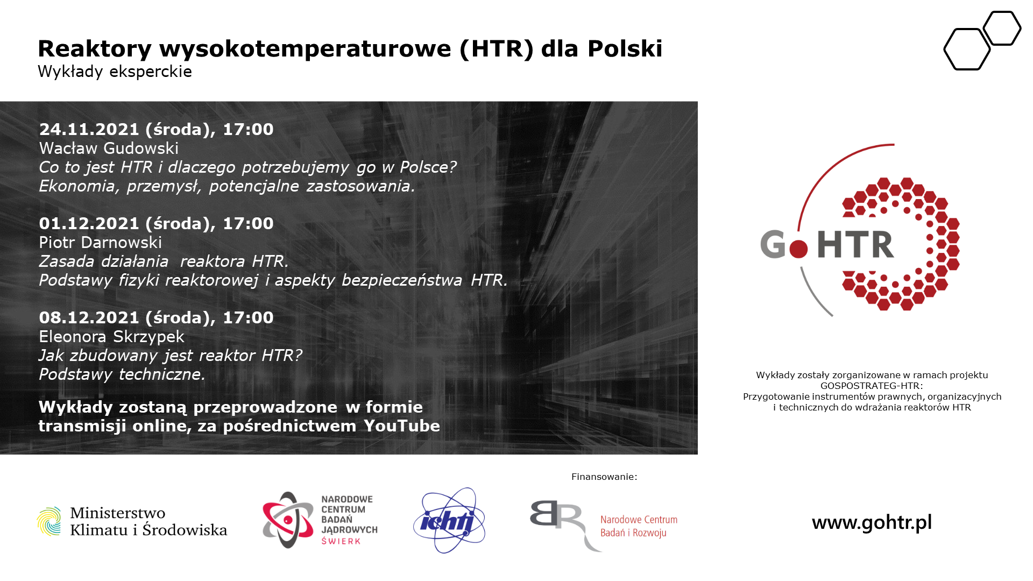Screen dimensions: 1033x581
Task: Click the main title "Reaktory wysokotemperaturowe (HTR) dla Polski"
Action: click(x=350, y=49)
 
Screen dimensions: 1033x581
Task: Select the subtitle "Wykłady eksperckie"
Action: click(x=115, y=72)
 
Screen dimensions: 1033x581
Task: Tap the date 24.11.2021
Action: click(x=89, y=129)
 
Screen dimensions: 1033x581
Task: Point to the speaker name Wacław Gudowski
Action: click(x=109, y=148)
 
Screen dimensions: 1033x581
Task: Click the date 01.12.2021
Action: click(x=89, y=223)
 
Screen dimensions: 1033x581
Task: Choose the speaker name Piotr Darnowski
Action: click(x=101, y=242)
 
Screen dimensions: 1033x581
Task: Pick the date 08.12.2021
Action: click(x=89, y=317)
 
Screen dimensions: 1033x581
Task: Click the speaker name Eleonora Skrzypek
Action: click(x=112, y=337)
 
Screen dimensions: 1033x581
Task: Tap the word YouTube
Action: click(x=402, y=426)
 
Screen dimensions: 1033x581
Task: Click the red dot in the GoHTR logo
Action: click(x=798, y=249)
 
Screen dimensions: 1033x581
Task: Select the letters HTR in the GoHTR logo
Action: click(x=855, y=245)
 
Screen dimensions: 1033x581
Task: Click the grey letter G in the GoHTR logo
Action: click(x=773, y=244)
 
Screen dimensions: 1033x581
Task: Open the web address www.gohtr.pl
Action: click(x=872, y=522)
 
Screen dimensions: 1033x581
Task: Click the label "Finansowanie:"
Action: click(x=604, y=477)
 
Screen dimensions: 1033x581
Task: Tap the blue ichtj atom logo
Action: click(x=450, y=520)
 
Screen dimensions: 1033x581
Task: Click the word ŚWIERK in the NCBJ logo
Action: click(x=341, y=541)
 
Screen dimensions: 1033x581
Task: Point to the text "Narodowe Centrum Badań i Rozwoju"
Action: click(x=639, y=526)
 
